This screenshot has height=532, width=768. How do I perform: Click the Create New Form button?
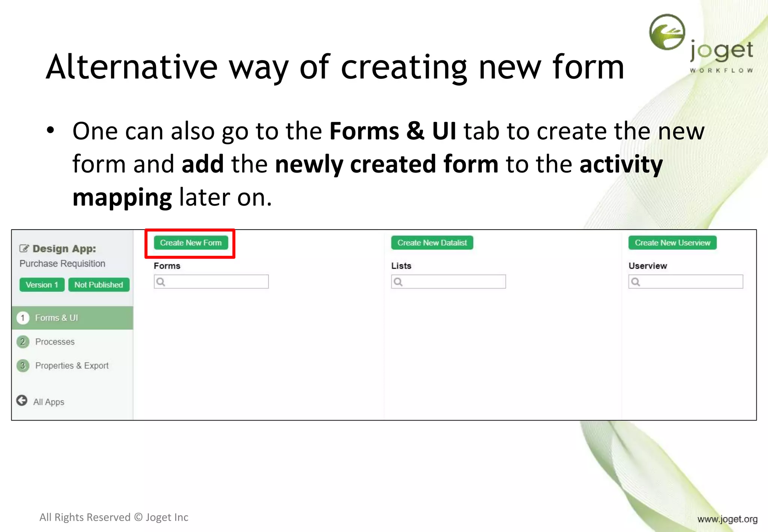tap(190, 243)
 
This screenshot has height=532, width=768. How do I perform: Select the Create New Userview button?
tap(672, 243)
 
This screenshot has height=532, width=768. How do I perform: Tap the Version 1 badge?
tap(42, 285)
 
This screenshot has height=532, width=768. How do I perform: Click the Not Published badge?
tap(99, 285)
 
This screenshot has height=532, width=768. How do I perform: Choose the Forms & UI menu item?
tap(56, 318)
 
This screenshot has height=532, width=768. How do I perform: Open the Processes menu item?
tap(55, 342)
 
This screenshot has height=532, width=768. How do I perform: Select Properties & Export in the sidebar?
tap(72, 365)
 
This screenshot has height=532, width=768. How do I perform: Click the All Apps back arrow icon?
tap(22, 401)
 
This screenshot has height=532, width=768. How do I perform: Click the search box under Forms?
tap(211, 282)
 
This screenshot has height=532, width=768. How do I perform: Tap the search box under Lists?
tap(448, 282)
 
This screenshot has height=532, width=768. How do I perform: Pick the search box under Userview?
tap(685, 282)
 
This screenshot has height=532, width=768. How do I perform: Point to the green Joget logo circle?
tap(667, 32)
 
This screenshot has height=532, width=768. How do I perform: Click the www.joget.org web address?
tap(727, 519)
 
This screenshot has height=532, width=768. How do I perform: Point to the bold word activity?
tap(621, 164)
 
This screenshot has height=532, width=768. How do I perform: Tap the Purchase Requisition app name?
tap(62, 264)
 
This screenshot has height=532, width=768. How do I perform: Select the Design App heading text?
tap(64, 249)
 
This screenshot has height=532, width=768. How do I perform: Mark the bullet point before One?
tap(51, 131)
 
